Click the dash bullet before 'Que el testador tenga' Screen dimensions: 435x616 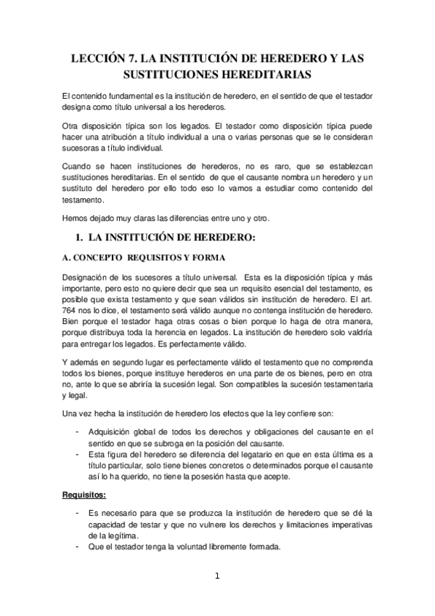pyautogui.click(x=78, y=547)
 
